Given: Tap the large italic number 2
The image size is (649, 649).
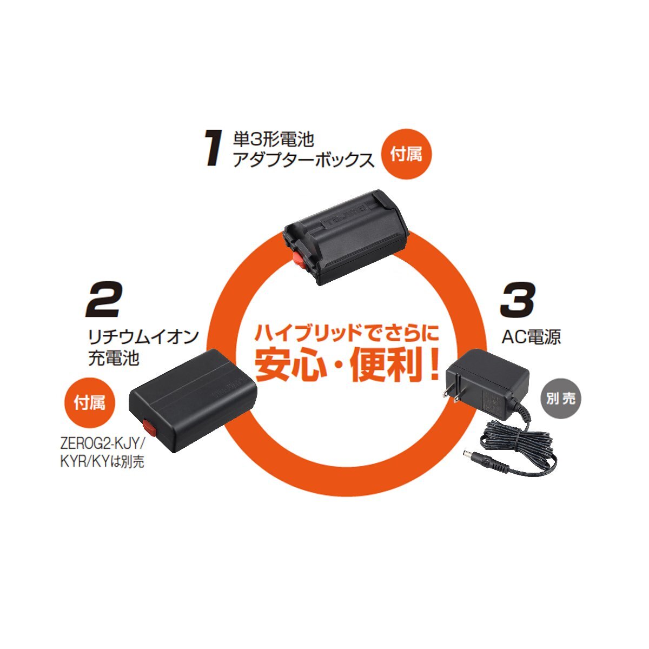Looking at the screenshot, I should (x=103, y=301).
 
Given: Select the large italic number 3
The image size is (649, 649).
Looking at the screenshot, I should (x=517, y=301).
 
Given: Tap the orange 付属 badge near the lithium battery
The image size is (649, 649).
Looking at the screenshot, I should (x=90, y=401).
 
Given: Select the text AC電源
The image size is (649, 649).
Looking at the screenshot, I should (x=531, y=336).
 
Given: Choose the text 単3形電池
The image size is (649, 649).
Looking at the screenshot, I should (x=273, y=140).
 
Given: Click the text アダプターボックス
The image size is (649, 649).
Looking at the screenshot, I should (x=303, y=160).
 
